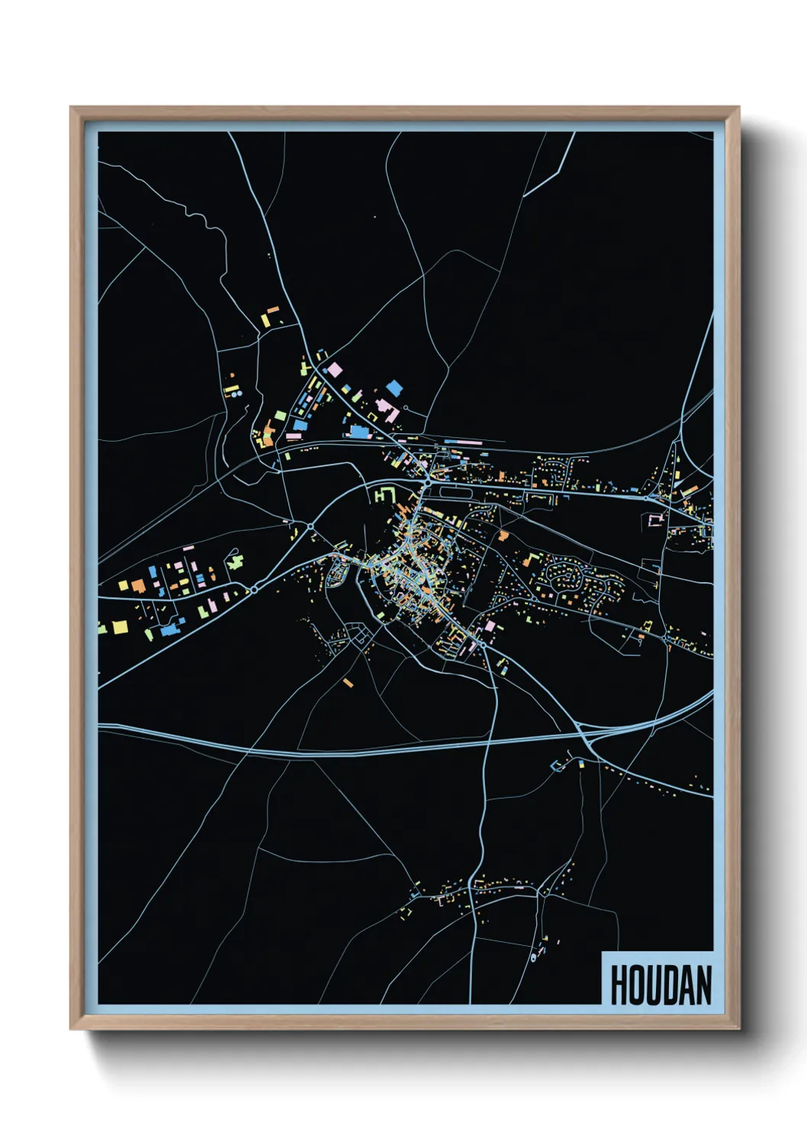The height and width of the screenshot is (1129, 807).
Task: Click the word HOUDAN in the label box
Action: [x=661, y=985]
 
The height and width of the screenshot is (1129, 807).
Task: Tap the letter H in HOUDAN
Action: [x=618, y=985]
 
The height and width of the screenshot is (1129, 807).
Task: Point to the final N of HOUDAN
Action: [x=704, y=985]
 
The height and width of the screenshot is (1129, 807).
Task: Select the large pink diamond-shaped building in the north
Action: [x=334, y=369]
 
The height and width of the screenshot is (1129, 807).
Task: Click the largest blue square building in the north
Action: [x=394, y=388]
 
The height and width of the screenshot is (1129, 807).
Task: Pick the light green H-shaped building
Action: [x=384, y=494]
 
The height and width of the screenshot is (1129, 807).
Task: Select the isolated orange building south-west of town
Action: [x=349, y=682]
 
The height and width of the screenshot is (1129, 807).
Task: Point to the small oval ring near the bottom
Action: [x=533, y=957]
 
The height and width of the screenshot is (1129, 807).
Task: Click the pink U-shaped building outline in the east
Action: [x=654, y=520]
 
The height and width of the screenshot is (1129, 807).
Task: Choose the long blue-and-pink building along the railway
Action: [x=463, y=441]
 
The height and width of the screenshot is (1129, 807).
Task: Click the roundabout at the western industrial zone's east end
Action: [x=253, y=590]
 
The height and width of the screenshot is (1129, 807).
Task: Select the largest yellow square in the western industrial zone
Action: [x=121, y=627]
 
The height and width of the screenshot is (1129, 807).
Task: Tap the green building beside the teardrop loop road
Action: [x=235, y=562]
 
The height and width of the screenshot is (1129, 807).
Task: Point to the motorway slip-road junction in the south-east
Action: [x=586, y=737]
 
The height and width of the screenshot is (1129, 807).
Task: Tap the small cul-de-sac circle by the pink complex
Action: [x=405, y=407]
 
